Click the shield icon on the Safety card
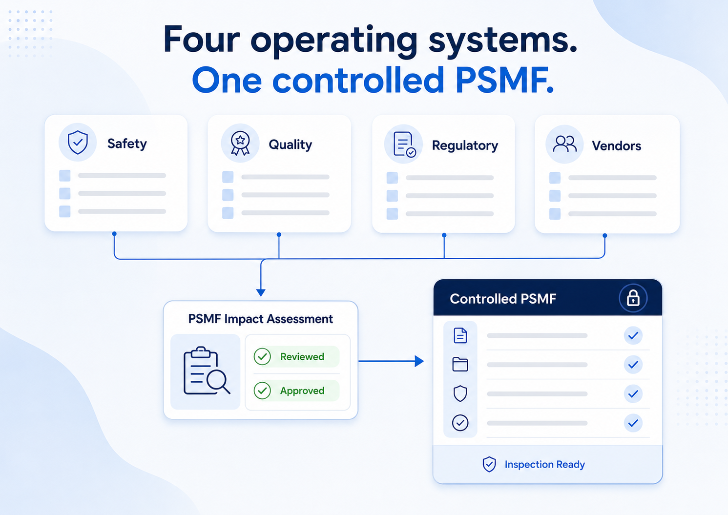(78, 143)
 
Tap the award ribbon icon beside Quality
(240, 143)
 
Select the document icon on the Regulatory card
(404, 144)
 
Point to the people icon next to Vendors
(565, 144)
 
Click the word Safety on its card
(127, 144)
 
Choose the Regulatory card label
(465, 145)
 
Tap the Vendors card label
(617, 145)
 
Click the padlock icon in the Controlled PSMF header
(633, 298)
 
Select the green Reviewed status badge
(296, 356)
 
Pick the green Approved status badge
(296, 390)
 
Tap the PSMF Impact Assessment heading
(261, 319)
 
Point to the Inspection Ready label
(545, 464)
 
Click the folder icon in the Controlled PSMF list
(460, 364)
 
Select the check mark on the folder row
(633, 365)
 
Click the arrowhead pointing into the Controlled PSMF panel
(419, 361)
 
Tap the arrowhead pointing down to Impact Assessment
(261, 292)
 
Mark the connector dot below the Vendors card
(605, 236)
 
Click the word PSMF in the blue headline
(504, 80)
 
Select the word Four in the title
(202, 39)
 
